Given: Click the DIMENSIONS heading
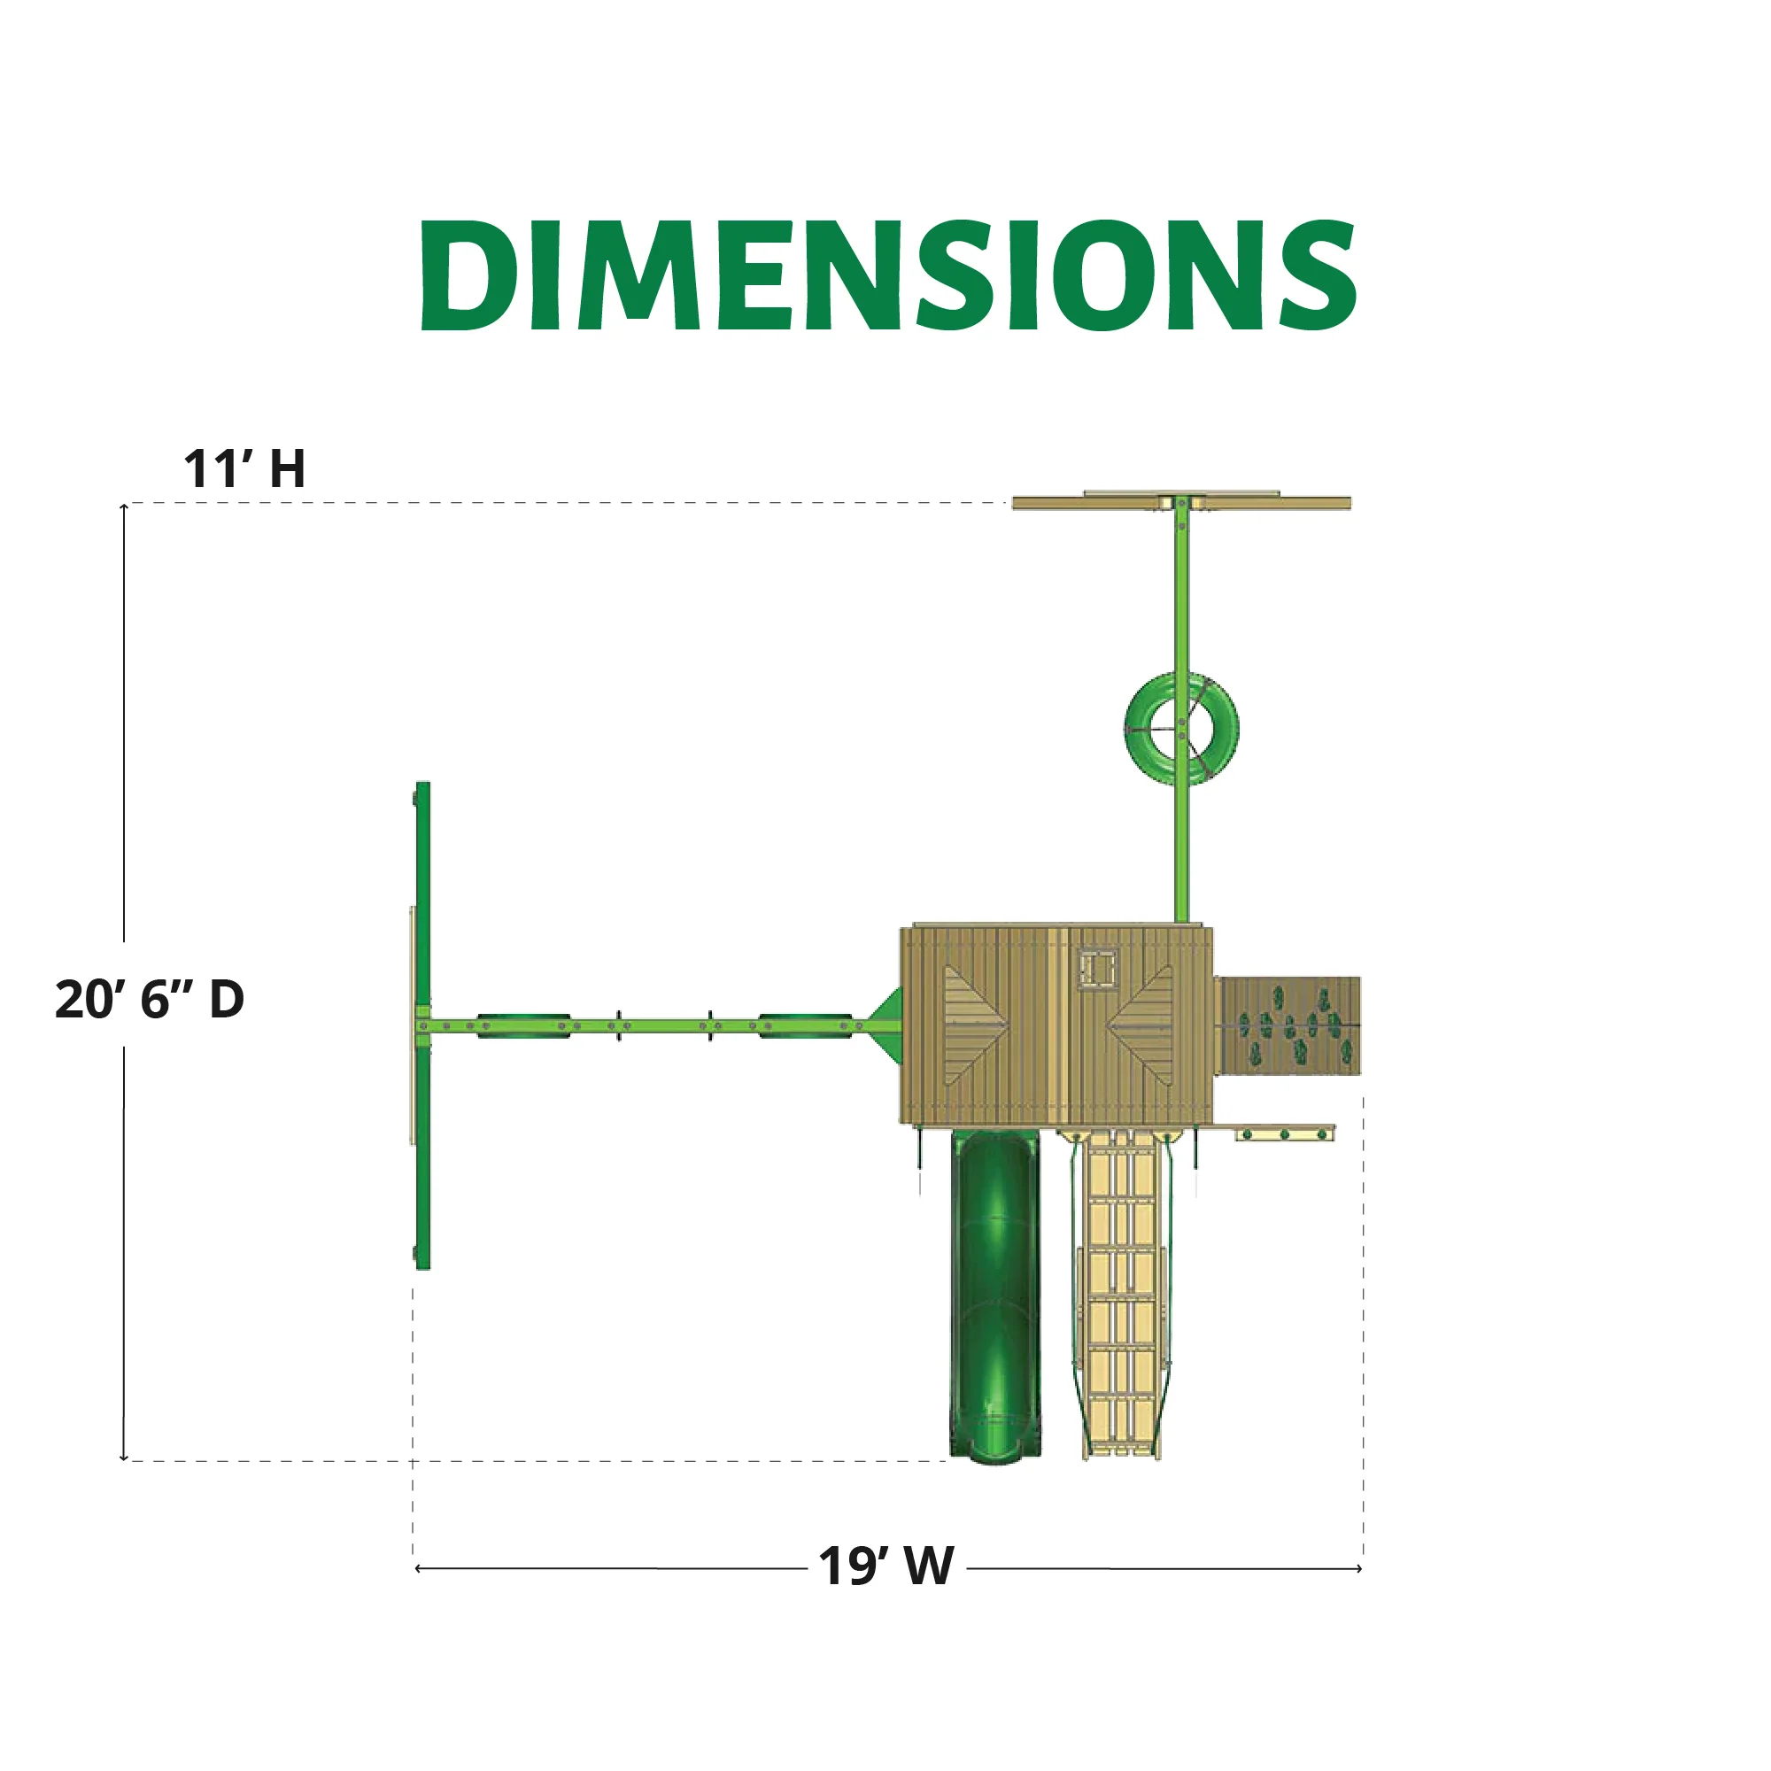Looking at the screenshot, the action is pos(887,275).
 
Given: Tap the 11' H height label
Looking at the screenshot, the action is pos(244,468).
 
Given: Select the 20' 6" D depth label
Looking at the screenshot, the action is pos(150,998).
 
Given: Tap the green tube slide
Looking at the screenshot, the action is pos(994,1295).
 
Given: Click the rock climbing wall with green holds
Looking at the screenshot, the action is pos(1288,1025).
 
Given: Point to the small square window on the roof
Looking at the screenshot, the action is pos(1097,970).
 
